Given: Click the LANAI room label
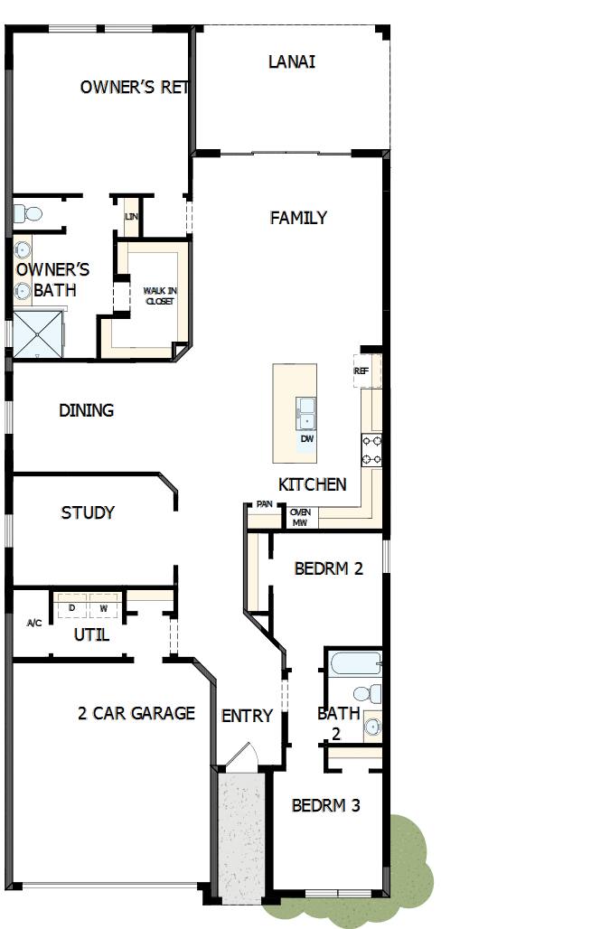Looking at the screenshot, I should coord(292,62).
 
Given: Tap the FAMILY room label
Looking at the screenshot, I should coord(298,218).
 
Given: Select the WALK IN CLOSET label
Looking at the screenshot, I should coord(160,296).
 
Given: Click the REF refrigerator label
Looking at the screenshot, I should coord(361,371).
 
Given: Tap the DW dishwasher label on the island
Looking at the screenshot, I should coord(307,439).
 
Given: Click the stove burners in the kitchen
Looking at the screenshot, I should coord(371,449).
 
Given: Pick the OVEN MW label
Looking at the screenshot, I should coord(300,518).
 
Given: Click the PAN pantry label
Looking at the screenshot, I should coord(264,504).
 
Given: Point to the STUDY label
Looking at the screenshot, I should coord(88,513).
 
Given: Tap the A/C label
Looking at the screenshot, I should coord(34,623).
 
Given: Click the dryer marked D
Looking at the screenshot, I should coord(71,608).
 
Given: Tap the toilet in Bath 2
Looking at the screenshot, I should coord(365,694).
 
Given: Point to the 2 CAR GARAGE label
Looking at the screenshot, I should coord(136,713).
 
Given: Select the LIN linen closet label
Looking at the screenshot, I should coord(131,217).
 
